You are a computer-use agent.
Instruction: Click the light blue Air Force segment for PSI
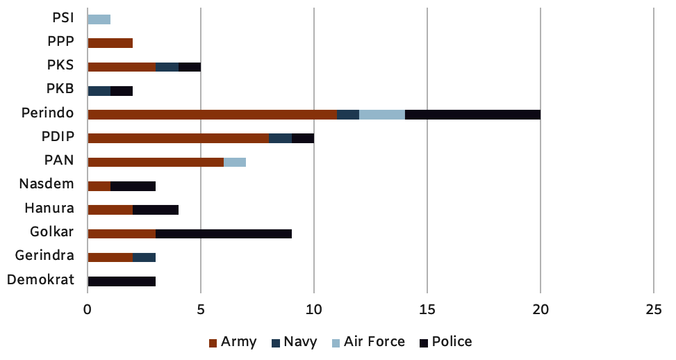(99, 19)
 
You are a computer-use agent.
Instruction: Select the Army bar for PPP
(110, 42)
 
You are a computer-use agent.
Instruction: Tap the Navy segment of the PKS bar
(167, 67)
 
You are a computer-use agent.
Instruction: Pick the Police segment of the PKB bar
(122, 90)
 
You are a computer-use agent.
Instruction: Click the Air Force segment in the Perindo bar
(382, 114)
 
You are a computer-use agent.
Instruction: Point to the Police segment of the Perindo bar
(472, 114)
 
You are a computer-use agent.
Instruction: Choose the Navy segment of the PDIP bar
(280, 138)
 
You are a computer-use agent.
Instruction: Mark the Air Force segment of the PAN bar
(235, 162)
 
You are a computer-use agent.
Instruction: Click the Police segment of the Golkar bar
(224, 234)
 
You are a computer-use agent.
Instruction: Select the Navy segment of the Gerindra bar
(144, 257)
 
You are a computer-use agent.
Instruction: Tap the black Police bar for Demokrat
(122, 281)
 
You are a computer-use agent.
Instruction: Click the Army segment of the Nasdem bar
(99, 186)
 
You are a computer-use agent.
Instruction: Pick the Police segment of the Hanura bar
(156, 209)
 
